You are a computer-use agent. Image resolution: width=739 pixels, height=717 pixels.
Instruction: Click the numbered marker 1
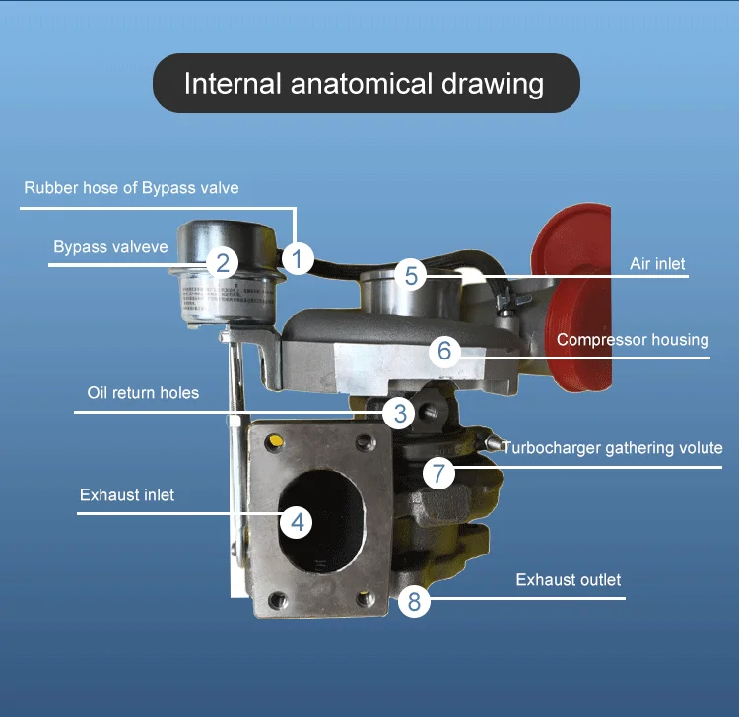[x=297, y=259]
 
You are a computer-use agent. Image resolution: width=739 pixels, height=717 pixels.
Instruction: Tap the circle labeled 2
[x=224, y=262]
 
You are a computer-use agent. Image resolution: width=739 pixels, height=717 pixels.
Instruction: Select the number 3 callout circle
[x=398, y=414]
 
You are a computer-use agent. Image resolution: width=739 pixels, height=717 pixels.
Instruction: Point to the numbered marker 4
[x=296, y=522]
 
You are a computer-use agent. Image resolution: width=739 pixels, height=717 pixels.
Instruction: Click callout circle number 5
[x=412, y=275]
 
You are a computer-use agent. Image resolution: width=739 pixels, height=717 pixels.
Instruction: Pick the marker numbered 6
[x=444, y=350]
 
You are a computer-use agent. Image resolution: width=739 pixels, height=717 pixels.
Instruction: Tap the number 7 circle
[x=440, y=474]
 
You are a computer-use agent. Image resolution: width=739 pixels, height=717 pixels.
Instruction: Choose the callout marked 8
[x=414, y=601]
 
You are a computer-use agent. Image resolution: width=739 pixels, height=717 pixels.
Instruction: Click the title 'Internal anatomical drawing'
[x=364, y=83]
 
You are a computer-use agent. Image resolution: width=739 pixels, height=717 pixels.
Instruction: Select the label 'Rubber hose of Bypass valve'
[x=131, y=187]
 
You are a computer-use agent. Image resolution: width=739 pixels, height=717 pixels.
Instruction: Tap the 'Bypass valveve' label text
[x=110, y=247]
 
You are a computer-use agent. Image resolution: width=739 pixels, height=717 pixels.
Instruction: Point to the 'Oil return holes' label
[x=143, y=393]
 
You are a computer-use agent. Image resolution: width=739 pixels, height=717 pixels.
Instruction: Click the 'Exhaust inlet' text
[x=127, y=494]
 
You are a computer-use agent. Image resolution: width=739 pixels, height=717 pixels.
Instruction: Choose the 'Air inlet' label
[x=657, y=264]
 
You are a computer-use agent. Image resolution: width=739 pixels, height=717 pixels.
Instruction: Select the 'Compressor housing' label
[x=633, y=340]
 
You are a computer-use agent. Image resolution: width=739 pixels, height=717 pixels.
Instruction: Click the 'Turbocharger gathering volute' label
[x=613, y=447]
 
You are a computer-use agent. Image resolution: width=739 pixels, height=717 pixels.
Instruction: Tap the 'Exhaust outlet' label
[x=569, y=580]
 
